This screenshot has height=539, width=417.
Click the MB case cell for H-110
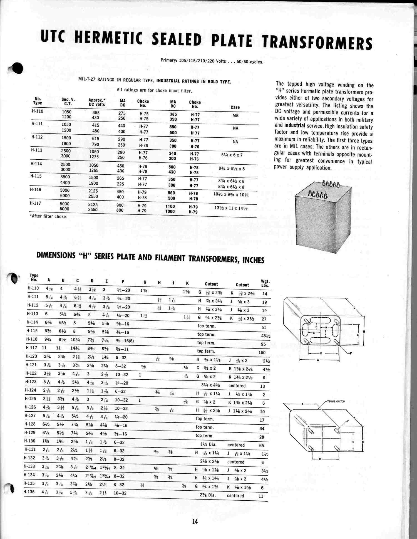[x=235, y=115]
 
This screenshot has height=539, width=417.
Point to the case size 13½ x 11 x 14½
[x=231, y=208]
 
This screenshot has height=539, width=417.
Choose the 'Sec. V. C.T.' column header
[x=68, y=102]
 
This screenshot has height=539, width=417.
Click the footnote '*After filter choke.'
[x=48, y=216]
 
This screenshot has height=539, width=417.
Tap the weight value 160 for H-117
[x=262, y=352]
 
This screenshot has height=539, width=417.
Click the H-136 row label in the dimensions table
[x=29, y=492]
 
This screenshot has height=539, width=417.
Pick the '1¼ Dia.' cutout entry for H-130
[x=208, y=444]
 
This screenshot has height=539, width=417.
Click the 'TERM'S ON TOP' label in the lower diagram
[x=336, y=401]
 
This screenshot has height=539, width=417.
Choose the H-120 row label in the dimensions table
[x=31, y=356]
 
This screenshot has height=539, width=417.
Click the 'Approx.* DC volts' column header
[x=97, y=102]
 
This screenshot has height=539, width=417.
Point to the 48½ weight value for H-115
[x=265, y=336]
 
